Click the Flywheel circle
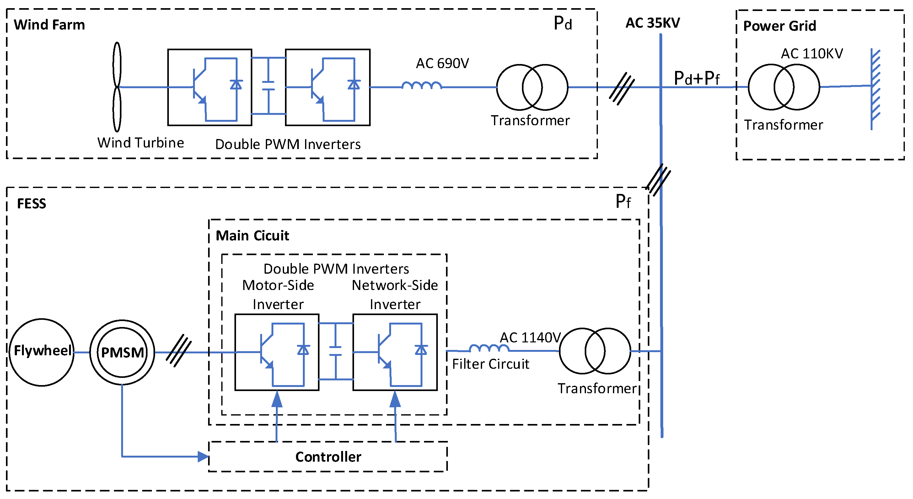tap(42, 352)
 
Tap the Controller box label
tap(328, 457)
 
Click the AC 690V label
tap(442, 63)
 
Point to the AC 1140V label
tap(530, 338)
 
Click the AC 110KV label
tap(812, 54)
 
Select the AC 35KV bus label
tap(653, 23)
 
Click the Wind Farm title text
tap(49, 25)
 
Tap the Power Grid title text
tap(779, 26)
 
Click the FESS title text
tap(32, 204)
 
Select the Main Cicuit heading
tap(252, 236)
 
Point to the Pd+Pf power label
tap(696, 78)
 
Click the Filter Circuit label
tap(491, 364)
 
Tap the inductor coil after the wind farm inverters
tap(422, 86)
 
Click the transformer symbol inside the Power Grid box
tap(784, 87)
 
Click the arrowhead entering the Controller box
tap(203, 456)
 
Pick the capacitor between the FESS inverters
tap(335, 351)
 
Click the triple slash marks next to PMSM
tap(179, 351)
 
